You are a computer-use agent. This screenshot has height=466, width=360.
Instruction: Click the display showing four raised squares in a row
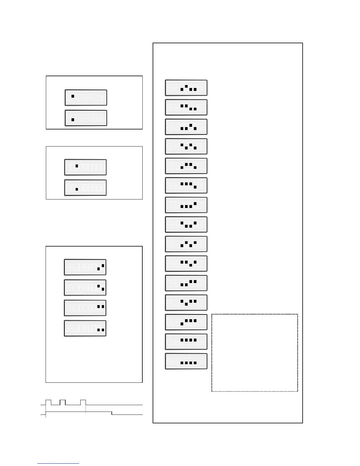(x=186, y=342)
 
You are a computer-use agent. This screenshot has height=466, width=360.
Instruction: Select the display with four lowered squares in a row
(x=186, y=361)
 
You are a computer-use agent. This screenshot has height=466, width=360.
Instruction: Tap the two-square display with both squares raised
(x=85, y=308)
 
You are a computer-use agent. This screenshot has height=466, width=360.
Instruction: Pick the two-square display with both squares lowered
(x=85, y=328)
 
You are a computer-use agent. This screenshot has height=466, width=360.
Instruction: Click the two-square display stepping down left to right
(x=85, y=288)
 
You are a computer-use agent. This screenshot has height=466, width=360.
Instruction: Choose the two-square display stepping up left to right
(x=85, y=267)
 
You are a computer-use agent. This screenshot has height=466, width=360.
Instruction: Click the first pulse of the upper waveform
(x=49, y=402)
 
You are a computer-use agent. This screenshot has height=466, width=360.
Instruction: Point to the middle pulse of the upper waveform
(x=62, y=402)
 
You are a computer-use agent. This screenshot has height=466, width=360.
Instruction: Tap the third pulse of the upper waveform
(x=83, y=402)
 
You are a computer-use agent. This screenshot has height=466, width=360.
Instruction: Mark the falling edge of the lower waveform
(x=112, y=413)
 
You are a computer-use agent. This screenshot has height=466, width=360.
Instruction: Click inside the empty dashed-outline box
(x=254, y=352)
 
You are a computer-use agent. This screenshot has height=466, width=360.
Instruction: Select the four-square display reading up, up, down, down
(x=186, y=107)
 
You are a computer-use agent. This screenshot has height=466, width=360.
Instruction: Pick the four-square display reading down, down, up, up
(x=186, y=283)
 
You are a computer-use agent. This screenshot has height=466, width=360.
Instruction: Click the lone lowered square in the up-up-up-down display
(x=195, y=187)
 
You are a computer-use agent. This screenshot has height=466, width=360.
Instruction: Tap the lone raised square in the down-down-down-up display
(x=195, y=203)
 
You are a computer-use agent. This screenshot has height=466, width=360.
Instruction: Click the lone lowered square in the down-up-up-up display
(x=182, y=324)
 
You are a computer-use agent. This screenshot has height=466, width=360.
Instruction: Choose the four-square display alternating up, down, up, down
(x=186, y=147)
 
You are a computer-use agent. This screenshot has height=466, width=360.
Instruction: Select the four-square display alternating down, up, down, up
(x=186, y=244)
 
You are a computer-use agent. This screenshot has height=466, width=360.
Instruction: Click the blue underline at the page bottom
(x=58, y=464)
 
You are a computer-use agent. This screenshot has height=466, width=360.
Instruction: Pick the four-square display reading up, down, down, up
(x=186, y=224)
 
